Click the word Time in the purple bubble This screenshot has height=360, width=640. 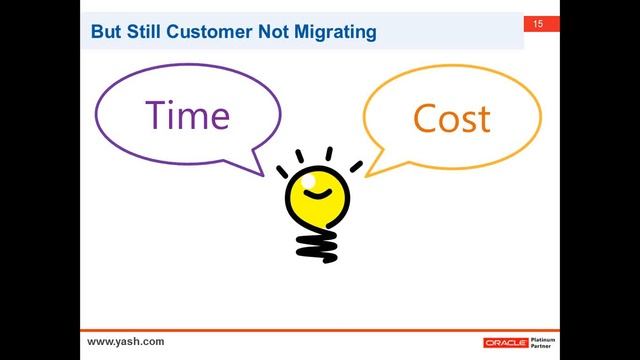pos(187,115)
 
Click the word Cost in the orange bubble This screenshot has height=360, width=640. pos(451,118)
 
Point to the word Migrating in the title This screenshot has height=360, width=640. pos(337,32)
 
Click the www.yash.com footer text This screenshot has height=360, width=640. pos(126,341)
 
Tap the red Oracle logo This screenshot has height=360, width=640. pos(505,342)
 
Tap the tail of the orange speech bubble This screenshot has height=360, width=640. pos(381,164)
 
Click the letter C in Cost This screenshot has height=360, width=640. pos(423,119)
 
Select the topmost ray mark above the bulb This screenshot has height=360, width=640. pos(327,153)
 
